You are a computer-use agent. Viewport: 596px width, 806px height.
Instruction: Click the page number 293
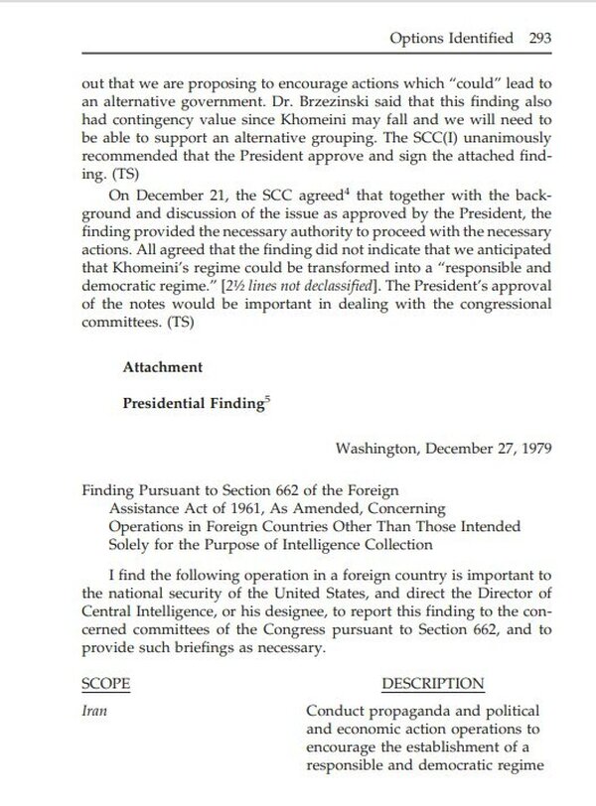click(x=543, y=42)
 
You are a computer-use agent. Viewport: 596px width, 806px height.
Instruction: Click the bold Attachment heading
click(x=161, y=366)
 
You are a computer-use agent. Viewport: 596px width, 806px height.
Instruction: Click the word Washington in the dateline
click(x=379, y=448)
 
